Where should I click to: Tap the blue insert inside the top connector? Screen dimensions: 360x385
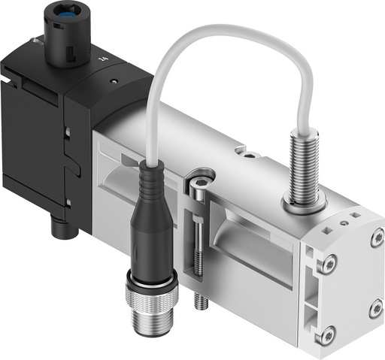point(65,15)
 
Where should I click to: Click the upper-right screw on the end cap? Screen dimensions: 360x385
point(376,240)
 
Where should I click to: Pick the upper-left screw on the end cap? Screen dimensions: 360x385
point(327,264)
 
